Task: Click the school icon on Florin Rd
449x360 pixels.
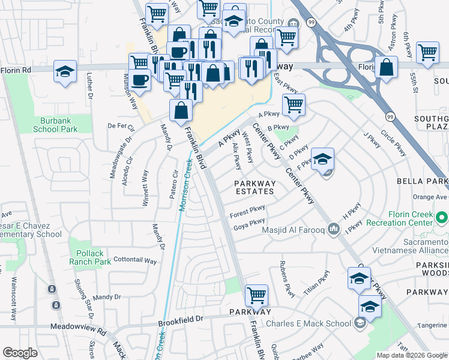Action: click(65, 72)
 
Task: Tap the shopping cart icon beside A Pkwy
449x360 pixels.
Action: click(293, 105)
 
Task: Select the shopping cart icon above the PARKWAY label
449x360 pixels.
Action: click(256, 295)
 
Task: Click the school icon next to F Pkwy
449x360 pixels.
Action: click(322, 159)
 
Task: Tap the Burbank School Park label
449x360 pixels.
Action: click(55, 125)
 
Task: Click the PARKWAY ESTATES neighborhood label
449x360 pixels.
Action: click(255, 188)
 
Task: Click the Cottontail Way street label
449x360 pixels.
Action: click(135, 261)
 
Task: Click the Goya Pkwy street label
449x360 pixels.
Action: click(249, 224)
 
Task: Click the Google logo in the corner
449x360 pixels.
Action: click(20, 353)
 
